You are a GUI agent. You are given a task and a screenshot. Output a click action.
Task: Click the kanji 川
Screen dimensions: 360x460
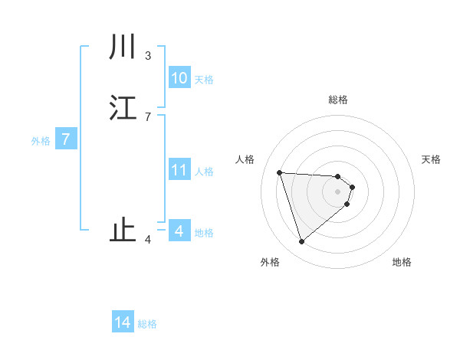pyautogui.click(x=123, y=47)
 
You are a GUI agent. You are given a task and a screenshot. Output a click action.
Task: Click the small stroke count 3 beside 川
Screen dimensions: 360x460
pyautogui.click(x=148, y=55)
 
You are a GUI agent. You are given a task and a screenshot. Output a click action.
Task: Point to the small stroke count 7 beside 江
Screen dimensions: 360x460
pyautogui.click(x=148, y=116)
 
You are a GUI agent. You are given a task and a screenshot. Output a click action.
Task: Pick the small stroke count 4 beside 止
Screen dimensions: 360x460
pyautogui.click(x=148, y=240)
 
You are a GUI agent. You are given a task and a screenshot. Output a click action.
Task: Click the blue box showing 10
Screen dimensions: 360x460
pyautogui.click(x=179, y=78)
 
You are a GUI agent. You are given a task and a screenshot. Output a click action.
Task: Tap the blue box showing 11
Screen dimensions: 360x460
pyautogui.click(x=179, y=170)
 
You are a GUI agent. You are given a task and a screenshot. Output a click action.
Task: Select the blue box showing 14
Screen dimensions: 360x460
pyautogui.click(x=123, y=323)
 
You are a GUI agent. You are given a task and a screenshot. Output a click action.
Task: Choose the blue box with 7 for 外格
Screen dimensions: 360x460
pyautogui.click(x=66, y=139)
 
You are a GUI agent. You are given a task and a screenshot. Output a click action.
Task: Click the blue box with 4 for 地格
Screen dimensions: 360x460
pyautogui.click(x=179, y=231)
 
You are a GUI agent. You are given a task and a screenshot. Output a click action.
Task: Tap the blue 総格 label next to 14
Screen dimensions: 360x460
pyautogui.click(x=147, y=324)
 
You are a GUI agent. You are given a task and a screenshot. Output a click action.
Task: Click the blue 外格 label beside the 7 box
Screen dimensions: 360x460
pyautogui.click(x=41, y=141)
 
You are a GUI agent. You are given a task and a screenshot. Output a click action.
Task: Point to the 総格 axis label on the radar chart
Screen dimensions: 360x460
pyautogui.click(x=338, y=100)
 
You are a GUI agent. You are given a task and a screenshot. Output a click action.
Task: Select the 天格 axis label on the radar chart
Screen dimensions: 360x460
pyautogui.click(x=431, y=159)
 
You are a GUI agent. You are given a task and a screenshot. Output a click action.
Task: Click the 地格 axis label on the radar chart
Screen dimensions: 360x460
pyautogui.click(x=402, y=262)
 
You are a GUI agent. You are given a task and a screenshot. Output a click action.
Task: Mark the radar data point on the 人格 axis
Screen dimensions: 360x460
pyautogui.click(x=279, y=172)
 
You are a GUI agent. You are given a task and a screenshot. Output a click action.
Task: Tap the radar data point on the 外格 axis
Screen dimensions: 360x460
pyautogui.click(x=301, y=242)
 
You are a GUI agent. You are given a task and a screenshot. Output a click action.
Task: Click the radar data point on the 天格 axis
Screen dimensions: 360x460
pyautogui.click(x=352, y=187)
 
